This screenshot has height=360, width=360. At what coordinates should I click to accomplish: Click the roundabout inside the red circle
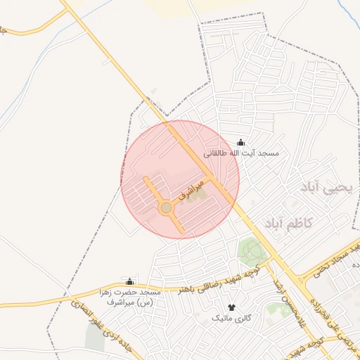pyautogui.click(x=166, y=208)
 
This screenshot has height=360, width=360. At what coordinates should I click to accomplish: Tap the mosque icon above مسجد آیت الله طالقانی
pyautogui.click(x=241, y=143)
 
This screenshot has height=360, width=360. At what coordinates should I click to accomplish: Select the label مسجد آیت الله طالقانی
pyautogui.click(x=241, y=153)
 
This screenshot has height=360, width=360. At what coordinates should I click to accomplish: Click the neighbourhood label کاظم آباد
pyautogui.click(x=288, y=224)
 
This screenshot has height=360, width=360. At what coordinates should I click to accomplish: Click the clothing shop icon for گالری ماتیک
pyautogui.click(x=231, y=308)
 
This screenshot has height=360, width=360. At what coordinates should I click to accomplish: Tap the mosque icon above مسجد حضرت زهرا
pyautogui.click(x=129, y=281)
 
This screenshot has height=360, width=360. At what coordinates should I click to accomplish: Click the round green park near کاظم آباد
pyautogui.click(x=250, y=250)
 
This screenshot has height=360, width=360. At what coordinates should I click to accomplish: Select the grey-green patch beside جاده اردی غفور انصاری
pyautogui.click(x=94, y=337)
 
